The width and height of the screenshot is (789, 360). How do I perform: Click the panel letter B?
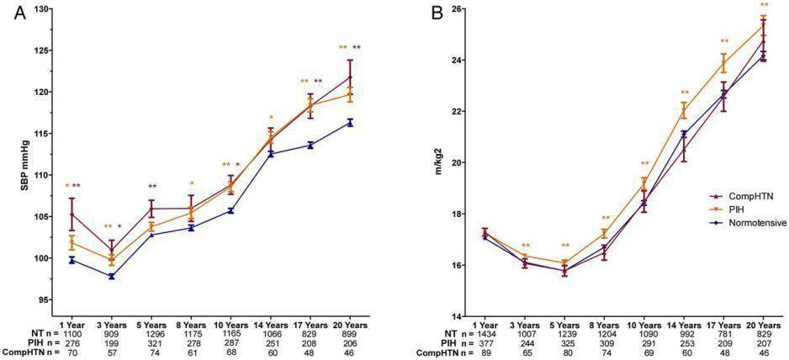tap(437, 15)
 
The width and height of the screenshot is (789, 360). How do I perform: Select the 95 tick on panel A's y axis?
tap(47, 299)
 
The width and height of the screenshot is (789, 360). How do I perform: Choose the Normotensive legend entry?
tap(748, 223)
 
